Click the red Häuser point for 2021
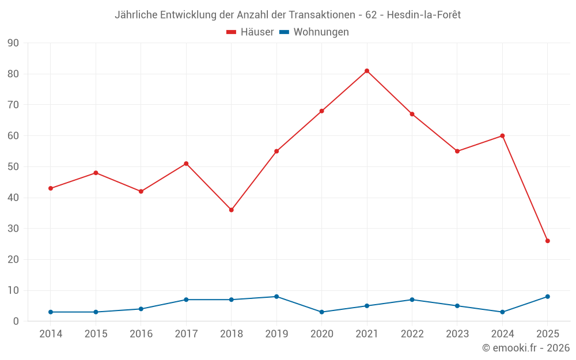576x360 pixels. [x=367, y=71]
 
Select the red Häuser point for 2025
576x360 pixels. [x=547, y=241]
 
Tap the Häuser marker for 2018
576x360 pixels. [x=231, y=210]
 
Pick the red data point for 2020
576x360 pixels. [x=321, y=111]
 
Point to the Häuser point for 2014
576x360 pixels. [x=51, y=188]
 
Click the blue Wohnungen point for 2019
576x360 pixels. [x=276, y=297]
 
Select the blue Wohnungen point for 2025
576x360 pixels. [x=547, y=297]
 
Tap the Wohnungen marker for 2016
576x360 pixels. [x=141, y=309]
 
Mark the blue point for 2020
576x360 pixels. [x=321, y=312]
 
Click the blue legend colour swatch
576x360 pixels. [x=284, y=32]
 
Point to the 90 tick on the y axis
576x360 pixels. [x=13, y=43]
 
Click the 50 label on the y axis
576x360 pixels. [x=13, y=167]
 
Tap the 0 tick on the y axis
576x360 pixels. [x=16, y=321]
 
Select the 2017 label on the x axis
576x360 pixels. [x=186, y=334]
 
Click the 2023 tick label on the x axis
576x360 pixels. [x=457, y=334]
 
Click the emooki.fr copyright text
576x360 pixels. [x=526, y=348]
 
